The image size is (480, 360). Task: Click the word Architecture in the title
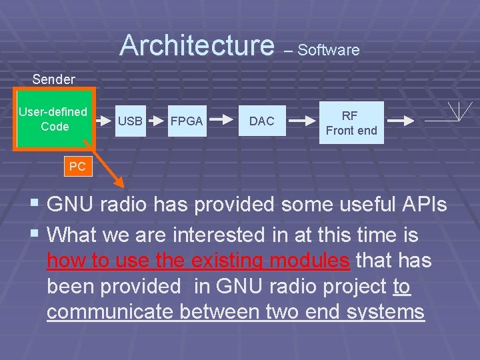[197, 45]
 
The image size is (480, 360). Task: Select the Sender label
[54, 79]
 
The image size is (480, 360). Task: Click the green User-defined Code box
[53, 119]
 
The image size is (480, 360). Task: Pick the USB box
[130, 121]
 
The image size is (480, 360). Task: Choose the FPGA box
[187, 121]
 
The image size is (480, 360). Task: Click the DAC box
[261, 121]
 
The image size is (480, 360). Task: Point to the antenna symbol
[460, 112]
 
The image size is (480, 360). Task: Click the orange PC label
[77, 167]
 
